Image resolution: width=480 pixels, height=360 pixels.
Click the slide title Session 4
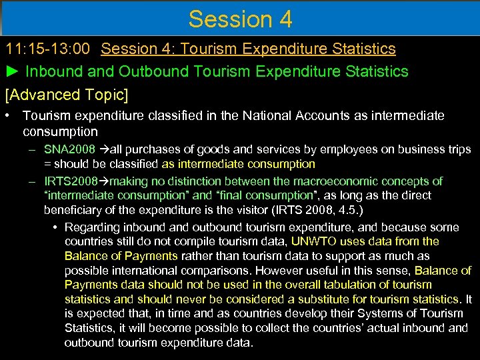tap(240, 19)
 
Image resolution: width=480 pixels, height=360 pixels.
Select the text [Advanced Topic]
tap(67, 94)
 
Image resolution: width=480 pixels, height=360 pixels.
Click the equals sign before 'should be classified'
tap(47, 164)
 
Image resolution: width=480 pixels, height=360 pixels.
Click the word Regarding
tap(91, 227)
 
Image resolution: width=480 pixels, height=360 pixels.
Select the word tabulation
tap(347, 285)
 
